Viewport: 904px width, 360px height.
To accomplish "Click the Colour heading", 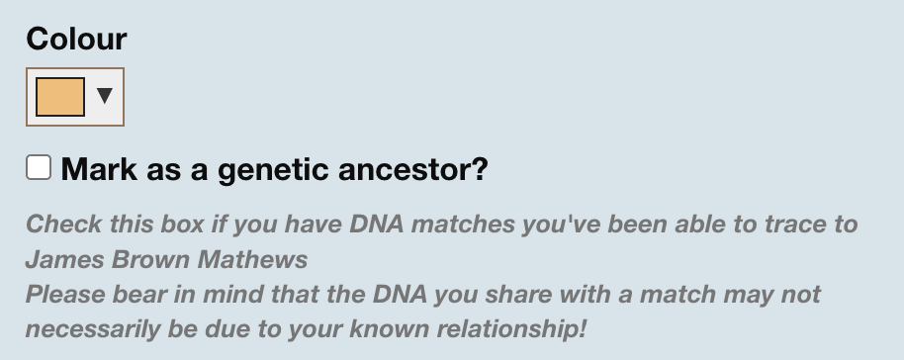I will (x=76, y=40).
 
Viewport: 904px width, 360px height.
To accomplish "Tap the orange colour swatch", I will (x=59, y=97).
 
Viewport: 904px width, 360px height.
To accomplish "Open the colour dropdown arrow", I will (x=104, y=96).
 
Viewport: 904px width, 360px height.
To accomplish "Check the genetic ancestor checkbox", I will (x=39, y=167).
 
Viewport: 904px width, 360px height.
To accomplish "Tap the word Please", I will (x=60, y=295).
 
